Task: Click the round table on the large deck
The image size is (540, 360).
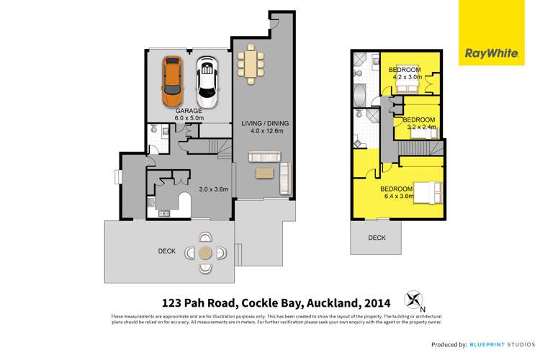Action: point(205,253)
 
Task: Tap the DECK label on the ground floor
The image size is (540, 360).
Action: point(168,251)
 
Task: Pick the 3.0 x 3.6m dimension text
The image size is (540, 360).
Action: point(213,189)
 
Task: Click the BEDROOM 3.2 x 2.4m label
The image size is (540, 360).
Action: point(419,122)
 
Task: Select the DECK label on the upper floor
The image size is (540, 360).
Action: point(377,238)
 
